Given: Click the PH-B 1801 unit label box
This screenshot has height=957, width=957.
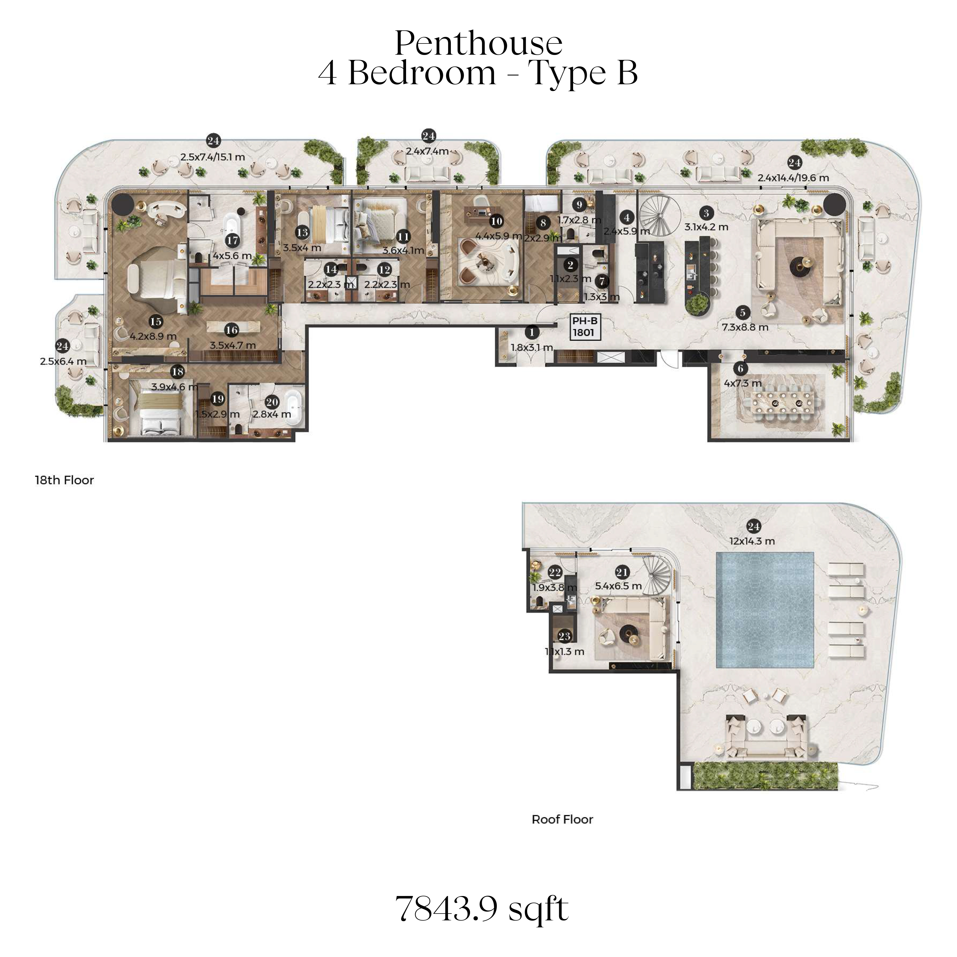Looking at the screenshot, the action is tap(585, 327).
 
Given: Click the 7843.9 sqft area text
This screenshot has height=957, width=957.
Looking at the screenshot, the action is tap(482, 908).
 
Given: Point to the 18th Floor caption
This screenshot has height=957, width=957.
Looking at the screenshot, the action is tap(65, 480).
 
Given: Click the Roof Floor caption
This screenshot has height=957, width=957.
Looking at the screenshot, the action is tap(562, 819).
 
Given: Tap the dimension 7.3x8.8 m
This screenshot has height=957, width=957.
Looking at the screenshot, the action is tap(745, 327).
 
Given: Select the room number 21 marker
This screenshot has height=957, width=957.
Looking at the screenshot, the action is tap(622, 573).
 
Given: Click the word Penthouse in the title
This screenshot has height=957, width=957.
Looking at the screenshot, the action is tap(478, 43).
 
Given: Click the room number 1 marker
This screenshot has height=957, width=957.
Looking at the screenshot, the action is tap(532, 333).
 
